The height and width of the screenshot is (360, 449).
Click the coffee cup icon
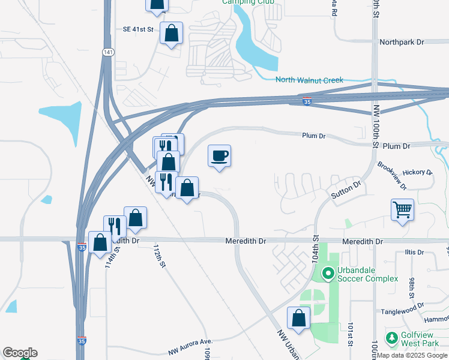point(219,156)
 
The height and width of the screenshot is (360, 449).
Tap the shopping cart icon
point(402,210)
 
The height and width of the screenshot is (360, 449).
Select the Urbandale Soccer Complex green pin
point(328,274)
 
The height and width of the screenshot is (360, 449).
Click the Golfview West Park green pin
point(392,338)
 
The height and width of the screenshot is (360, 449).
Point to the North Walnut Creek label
point(309,80)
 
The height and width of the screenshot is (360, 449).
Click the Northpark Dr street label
point(402,42)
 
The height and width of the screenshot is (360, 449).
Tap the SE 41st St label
point(138,29)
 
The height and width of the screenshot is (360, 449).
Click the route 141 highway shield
point(106,52)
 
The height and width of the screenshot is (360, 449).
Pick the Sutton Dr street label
point(346,191)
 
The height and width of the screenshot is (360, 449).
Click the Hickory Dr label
point(417,172)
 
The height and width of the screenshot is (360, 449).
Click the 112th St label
point(158,256)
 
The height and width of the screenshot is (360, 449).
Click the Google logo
point(19,353)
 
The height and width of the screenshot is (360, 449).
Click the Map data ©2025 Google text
point(412,355)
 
